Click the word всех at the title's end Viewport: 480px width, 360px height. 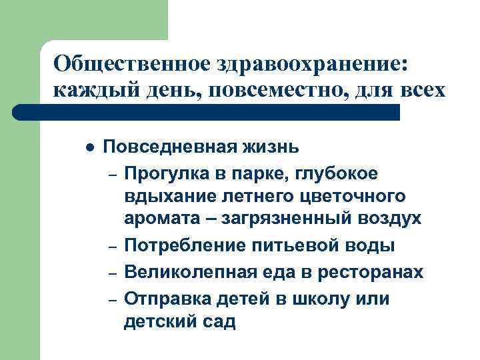[x=423, y=90]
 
